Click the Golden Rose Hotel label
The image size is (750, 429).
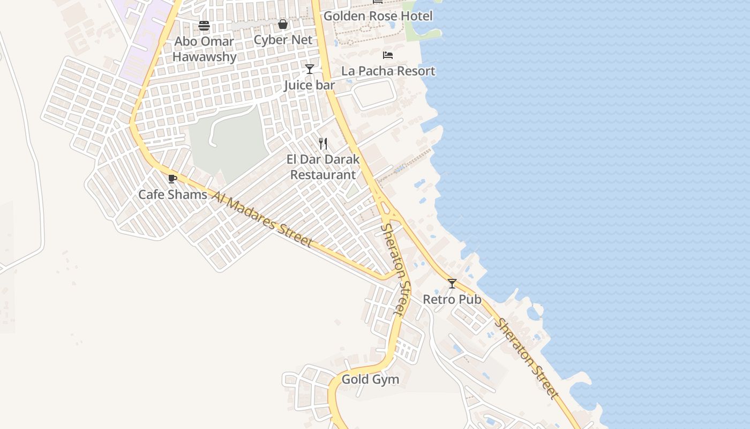tap(378, 16)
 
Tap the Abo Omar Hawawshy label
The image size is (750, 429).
tap(204, 49)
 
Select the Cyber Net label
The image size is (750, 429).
tap(283, 40)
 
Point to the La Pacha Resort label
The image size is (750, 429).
tap(388, 71)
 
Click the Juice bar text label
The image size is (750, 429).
tap(309, 85)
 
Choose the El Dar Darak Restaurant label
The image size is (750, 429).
tap(322, 167)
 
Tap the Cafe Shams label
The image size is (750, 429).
tap(172, 194)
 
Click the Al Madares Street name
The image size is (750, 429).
tap(262, 219)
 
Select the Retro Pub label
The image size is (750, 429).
tap(452, 299)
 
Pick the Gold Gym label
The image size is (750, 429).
tap(370, 379)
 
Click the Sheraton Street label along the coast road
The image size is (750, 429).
tap(526, 359)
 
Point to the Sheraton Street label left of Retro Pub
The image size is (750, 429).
tap(396, 269)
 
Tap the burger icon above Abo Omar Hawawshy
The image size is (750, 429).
tap(204, 25)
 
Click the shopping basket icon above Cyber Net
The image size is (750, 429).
tap(283, 24)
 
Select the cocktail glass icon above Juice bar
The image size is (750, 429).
tap(309, 69)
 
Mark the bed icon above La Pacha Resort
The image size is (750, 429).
tap(388, 55)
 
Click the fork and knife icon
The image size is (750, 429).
tap(323, 143)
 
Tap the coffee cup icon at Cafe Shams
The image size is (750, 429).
tap(172, 179)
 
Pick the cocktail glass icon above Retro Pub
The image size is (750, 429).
tap(452, 283)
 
